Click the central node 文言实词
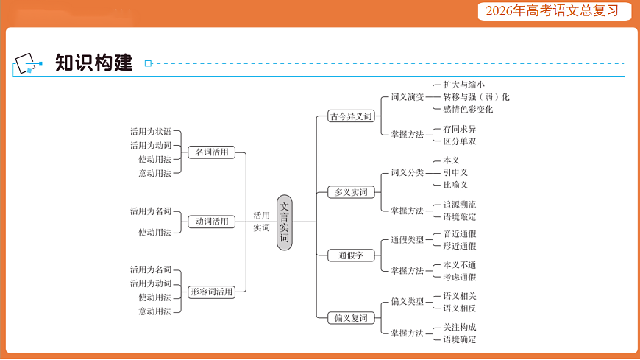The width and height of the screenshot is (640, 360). [285, 222]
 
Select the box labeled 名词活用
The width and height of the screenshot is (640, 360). [211, 152]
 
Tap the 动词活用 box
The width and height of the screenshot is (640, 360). [211, 222]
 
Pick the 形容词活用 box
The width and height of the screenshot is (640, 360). [211, 292]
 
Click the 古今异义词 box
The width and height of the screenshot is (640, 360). [351, 116]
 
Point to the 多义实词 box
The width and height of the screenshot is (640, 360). [351, 193]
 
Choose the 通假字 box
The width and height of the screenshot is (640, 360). [351, 255]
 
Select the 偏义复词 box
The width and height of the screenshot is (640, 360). [351, 318]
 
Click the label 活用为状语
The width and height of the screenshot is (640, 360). [150, 132]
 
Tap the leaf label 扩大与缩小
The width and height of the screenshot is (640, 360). [463, 85]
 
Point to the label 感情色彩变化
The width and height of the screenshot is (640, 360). [468, 110]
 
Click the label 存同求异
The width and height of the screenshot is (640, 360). [459, 130]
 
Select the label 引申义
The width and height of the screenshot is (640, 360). [455, 172]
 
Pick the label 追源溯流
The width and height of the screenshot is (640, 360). [459, 205]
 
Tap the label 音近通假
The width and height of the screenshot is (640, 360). [459, 234]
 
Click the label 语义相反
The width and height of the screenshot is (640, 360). [459, 308]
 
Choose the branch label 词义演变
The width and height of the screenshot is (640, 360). [407, 97]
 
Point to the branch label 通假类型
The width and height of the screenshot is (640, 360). [407, 240]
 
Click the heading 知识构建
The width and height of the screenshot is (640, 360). [93, 63]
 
